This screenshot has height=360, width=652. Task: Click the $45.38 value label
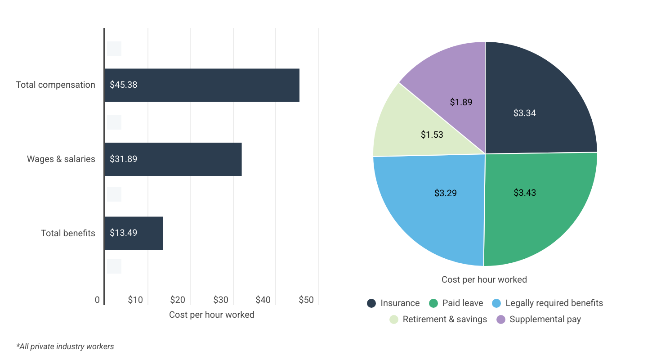123,85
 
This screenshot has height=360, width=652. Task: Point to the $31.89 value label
123,159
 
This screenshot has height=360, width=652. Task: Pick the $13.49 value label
123,233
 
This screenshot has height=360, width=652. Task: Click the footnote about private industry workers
65,346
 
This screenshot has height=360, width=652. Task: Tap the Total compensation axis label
55,85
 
